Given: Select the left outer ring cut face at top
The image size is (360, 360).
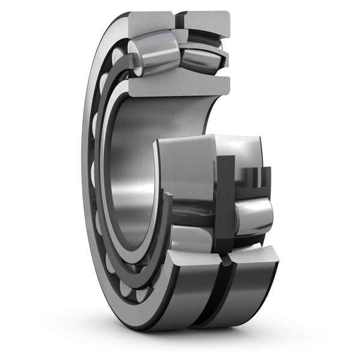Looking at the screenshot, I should [150, 22].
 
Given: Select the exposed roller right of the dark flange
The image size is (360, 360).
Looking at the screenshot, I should [253, 214].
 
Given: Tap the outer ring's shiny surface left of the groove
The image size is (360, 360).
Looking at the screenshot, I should [174, 300].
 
